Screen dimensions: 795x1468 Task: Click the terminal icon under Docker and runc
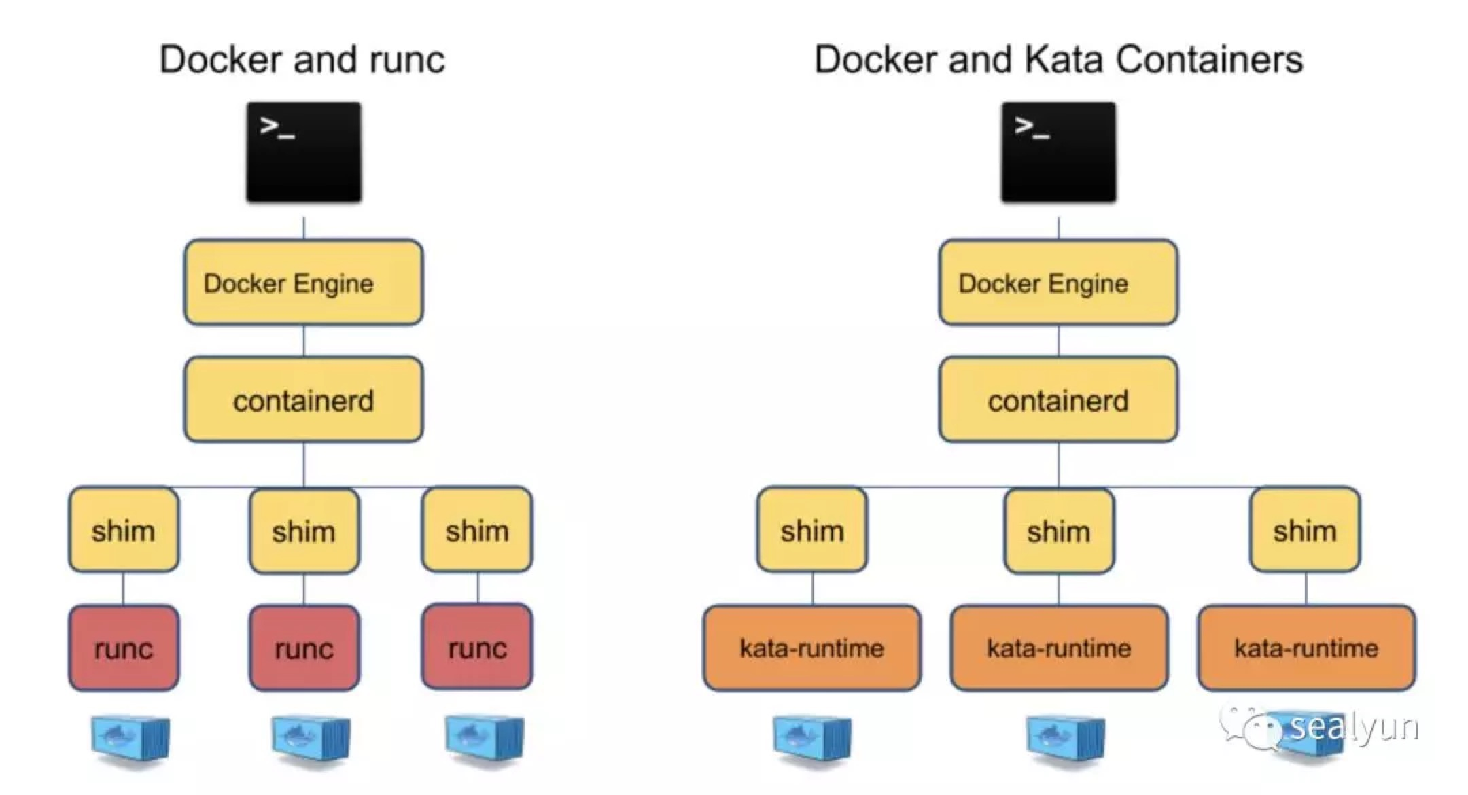click(304, 152)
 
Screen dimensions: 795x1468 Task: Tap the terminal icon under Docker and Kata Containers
click(1058, 152)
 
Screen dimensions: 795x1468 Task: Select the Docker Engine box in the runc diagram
click(304, 283)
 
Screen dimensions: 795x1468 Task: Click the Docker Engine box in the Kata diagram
click(1058, 283)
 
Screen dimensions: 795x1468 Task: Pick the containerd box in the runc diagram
click(304, 400)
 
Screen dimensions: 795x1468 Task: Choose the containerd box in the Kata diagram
click(1058, 400)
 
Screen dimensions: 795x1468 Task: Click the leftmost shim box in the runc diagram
click(124, 530)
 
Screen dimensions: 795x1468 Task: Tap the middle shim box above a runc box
click(304, 531)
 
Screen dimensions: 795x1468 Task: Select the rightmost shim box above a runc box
click(477, 530)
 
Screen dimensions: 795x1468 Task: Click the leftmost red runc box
click(124, 648)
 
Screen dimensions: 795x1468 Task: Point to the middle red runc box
click(304, 648)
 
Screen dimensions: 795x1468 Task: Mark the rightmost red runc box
click(477, 648)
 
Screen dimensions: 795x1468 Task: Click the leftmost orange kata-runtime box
click(812, 648)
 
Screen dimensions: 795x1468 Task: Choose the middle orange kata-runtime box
click(1059, 648)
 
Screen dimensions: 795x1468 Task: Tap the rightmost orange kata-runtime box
click(1306, 648)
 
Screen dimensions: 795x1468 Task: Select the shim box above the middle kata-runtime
click(1058, 531)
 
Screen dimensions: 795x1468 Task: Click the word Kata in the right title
click(1064, 60)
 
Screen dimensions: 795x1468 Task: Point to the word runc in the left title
click(407, 60)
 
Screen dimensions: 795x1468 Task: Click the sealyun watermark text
click(1354, 726)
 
